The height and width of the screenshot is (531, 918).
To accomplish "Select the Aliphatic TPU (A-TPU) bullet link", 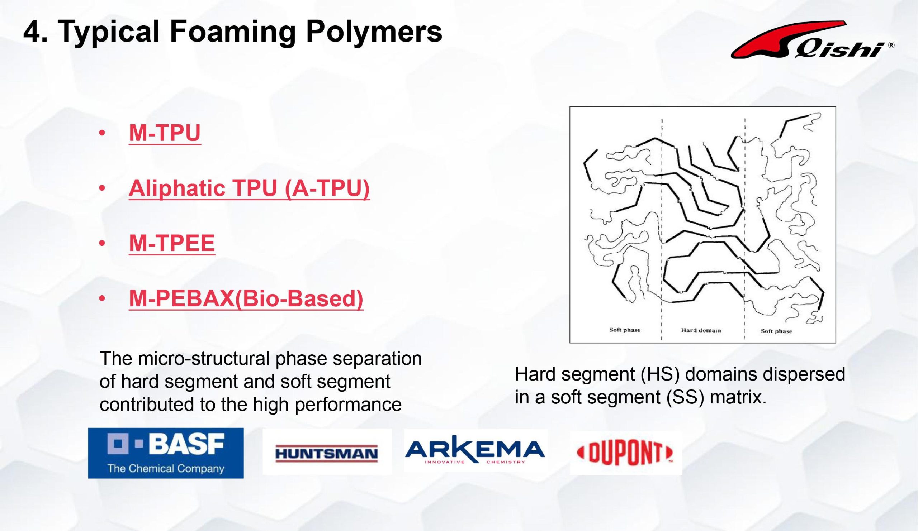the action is point(249,188).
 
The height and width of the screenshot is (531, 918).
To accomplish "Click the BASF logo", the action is point(166,453).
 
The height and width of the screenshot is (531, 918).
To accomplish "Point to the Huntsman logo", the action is point(327,453).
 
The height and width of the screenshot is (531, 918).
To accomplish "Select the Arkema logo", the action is point(475,452).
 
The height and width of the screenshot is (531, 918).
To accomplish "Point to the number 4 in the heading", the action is point(32,32).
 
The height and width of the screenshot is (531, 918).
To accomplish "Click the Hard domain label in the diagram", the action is point(701,330).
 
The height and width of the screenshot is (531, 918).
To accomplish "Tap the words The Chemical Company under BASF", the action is point(166,468).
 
